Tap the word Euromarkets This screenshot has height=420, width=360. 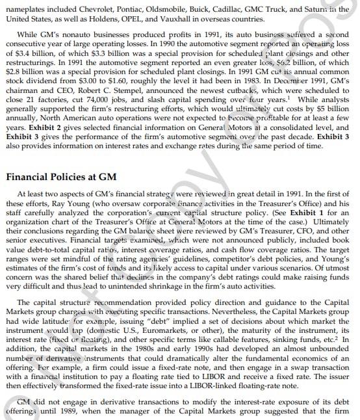coord(148,328)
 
